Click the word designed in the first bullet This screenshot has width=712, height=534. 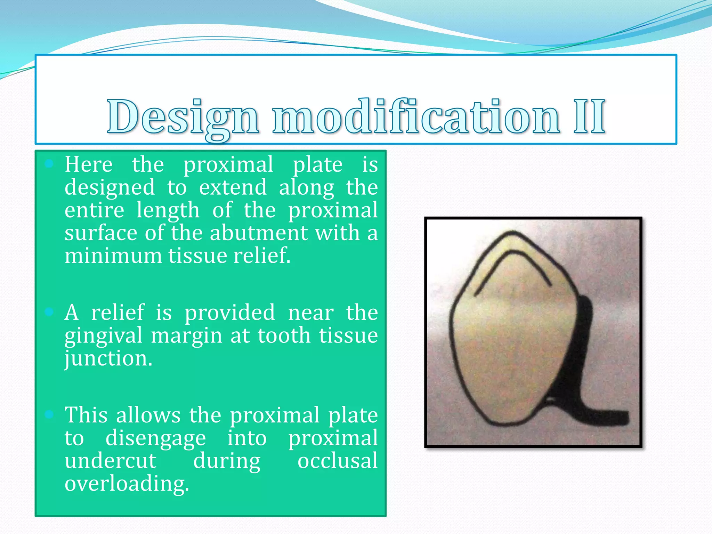click(x=110, y=188)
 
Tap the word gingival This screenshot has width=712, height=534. click(x=104, y=336)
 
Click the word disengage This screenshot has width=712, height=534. click(x=155, y=438)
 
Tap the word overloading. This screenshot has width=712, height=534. click(x=127, y=484)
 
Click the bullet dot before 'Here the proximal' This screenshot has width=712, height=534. click(x=49, y=164)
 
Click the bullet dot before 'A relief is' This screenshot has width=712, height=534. click(x=49, y=312)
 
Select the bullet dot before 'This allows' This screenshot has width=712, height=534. click(x=49, y=414)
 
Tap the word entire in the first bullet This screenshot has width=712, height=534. click(x=94, y=210)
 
